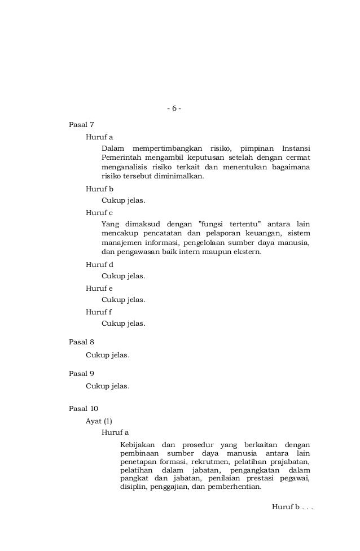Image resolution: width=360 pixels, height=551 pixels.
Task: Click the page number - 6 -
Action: tap(174, 108)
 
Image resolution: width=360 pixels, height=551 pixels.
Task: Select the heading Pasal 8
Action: tap(81, 342)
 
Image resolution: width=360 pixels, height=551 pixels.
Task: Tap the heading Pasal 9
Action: tap(81, 374)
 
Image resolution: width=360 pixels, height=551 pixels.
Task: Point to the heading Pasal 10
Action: tap(84, 408)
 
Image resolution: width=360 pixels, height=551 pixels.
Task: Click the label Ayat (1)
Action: tap(99, 421)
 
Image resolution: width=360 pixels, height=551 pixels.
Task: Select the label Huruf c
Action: tap(99, 212)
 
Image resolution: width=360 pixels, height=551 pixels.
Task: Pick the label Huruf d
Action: tap(99, 264)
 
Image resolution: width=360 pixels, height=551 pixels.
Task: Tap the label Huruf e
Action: tap(99, 288)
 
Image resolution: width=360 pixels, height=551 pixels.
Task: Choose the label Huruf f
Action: tap(99, 312)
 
